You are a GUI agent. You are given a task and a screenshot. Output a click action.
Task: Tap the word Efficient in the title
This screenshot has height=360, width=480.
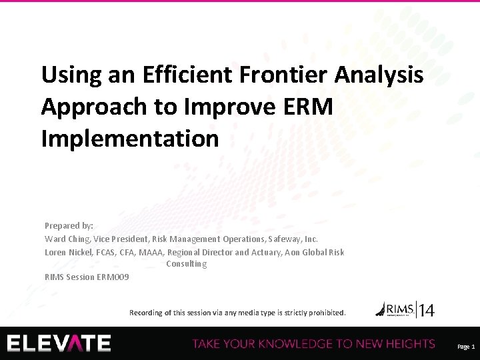(169, 75)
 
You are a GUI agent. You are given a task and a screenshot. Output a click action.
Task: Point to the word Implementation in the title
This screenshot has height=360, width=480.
(130, 139)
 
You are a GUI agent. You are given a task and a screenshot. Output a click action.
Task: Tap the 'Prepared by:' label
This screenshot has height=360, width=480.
(69, 226)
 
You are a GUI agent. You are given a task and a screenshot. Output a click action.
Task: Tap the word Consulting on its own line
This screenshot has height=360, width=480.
(186, 264)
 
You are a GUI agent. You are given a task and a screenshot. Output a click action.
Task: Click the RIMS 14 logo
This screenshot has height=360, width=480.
(405, 309)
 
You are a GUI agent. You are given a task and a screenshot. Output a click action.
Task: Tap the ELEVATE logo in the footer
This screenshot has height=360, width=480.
(59, 343)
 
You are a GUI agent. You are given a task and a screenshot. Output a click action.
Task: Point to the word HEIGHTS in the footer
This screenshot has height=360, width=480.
(407, 344)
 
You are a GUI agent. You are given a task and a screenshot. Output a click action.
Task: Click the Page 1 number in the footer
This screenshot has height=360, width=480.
(465, 347)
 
